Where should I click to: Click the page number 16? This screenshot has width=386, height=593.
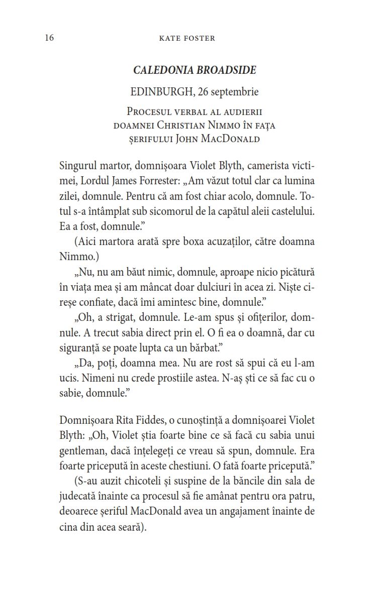pos(49,38)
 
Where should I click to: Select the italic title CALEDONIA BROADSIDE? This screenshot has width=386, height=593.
pos(195,70)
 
